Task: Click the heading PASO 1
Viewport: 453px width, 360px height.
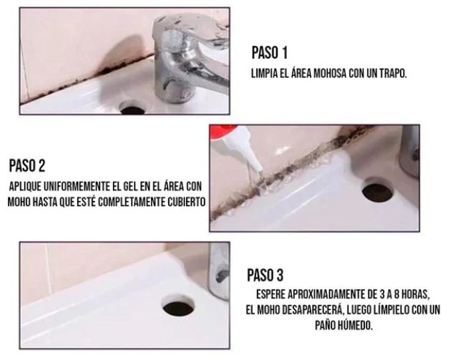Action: [270, 52]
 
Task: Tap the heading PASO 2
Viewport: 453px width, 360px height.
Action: [27, 165]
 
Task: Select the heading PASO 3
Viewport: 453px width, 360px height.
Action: [266, 275]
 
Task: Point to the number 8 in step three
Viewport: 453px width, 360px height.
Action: [396, 294]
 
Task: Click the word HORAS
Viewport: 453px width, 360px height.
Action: [416, 295]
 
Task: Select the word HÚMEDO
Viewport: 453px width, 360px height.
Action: [357, 326]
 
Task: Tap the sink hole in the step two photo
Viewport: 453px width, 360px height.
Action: [378, 191]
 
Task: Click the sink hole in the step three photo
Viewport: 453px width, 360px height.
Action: [178, 308]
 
